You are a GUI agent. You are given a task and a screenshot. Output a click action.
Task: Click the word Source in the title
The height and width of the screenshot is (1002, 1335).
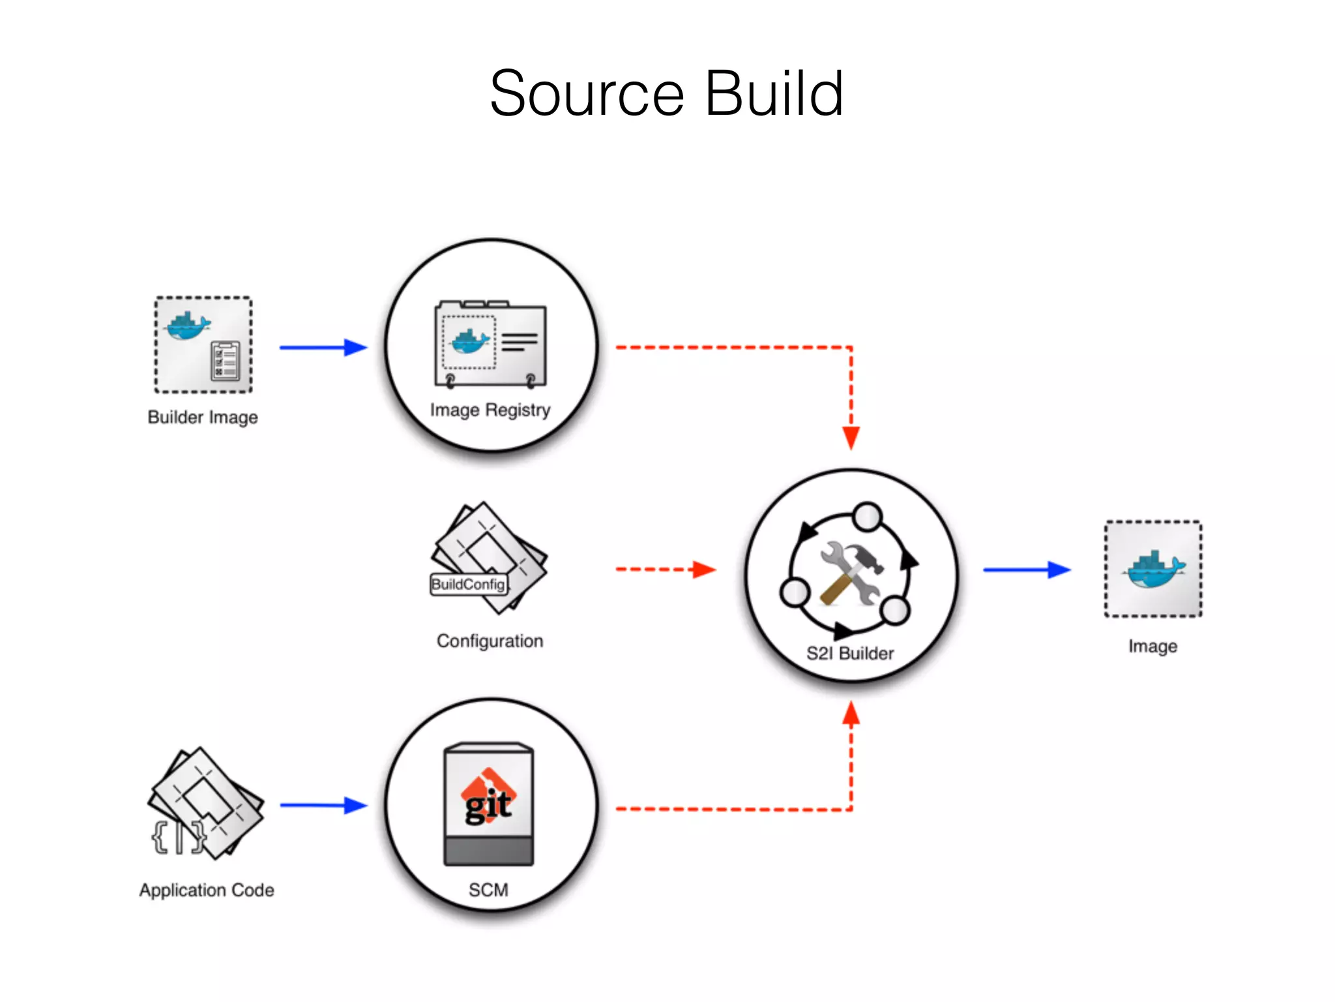coord(587,95)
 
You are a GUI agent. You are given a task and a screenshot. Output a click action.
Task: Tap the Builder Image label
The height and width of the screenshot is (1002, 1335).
coord(203,417)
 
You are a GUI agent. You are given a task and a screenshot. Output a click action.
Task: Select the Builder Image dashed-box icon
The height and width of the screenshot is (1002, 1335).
coord(203,345)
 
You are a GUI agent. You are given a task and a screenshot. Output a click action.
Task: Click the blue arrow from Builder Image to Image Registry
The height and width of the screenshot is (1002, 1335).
coord(323,348)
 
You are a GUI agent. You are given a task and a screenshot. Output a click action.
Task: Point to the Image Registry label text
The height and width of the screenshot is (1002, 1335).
coord(490,410)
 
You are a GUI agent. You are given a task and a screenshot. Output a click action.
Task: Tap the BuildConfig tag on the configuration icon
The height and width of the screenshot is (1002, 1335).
coord(468,584)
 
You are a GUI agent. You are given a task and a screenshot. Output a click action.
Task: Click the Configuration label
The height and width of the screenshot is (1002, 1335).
coord(490,641)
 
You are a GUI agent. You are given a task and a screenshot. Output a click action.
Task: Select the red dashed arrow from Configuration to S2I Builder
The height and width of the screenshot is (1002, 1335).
coord(665,569)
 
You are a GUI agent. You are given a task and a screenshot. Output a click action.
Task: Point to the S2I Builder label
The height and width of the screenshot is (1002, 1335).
coord(850,653)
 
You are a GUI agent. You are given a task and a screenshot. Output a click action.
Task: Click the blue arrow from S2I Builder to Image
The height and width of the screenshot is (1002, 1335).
coord(1026,570)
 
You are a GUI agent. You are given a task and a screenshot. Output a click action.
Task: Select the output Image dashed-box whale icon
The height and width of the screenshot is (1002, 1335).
coord(1153,569)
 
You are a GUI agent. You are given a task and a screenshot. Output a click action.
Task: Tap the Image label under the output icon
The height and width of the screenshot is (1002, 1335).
coord(1152,646)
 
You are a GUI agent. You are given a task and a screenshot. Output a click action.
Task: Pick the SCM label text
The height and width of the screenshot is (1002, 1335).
coord(488,890)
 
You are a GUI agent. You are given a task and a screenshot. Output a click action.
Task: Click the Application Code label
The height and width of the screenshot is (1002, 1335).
coord(207,890)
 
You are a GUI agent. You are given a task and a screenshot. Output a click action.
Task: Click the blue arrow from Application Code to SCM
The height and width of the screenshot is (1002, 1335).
coord(323,806)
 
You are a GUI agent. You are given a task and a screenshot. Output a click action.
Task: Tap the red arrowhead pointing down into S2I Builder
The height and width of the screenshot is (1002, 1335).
coord(851,437)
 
